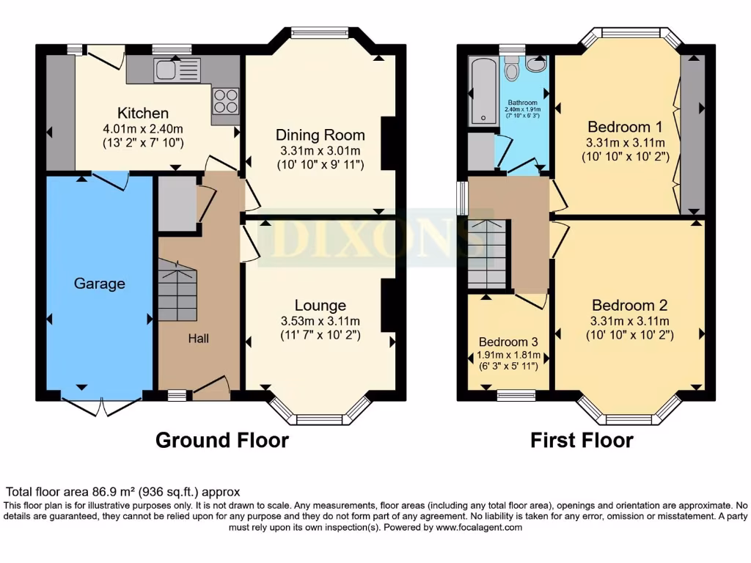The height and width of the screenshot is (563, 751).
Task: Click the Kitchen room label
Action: click(x=143, y=113)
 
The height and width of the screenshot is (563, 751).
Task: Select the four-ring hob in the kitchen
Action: click(x=226, y=100)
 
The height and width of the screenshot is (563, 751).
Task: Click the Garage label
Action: click(x=99, y=284)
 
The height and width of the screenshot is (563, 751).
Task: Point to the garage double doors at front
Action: click(x=101, y=405)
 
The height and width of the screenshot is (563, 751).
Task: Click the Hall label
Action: click(x=198, y=338)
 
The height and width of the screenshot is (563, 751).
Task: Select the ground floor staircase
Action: click(x=177, y=293)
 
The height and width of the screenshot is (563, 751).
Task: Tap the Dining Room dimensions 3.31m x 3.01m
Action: click(x=320, y=150)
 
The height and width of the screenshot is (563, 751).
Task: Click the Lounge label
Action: click(x=320, y=305)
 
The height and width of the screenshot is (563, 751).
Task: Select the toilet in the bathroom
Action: click(x=512, y=70)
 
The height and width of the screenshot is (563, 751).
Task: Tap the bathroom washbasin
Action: click(x=536, y=65)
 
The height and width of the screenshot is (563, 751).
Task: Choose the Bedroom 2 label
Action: click(x=630, y=305)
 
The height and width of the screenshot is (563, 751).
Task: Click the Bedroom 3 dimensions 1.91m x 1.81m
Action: click(x=503, y=356)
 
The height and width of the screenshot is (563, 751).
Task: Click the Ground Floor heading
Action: click(x=221, y=441)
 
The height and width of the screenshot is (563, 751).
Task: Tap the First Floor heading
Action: click(x=582, y=441)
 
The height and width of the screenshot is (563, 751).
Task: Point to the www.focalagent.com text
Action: click(x=479, y=527)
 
